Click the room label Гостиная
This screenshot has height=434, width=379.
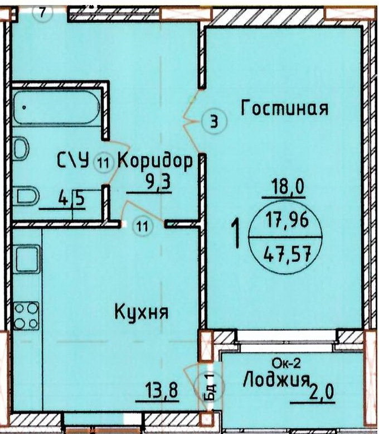tap(285, 108)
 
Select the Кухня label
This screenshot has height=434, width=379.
tap(141, 312)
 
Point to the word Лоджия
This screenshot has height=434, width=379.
tap(276, 381)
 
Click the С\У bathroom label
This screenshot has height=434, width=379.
tap(74, 160)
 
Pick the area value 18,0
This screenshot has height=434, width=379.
tap(288, 186)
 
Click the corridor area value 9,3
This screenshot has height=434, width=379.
tap(158, 182)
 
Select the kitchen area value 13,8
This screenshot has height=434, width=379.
tap(161, 390)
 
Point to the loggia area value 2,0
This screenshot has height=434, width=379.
tap(323, 392)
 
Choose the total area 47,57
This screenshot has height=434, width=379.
tap(286, 254)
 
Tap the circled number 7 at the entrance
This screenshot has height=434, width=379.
tap(42, 12)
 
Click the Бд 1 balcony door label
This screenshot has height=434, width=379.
tap(210, 387)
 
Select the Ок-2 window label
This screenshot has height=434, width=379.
tap(286, 363)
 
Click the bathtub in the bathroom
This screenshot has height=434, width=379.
tap(56, 107)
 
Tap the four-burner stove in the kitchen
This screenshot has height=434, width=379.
tap(26, 316)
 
